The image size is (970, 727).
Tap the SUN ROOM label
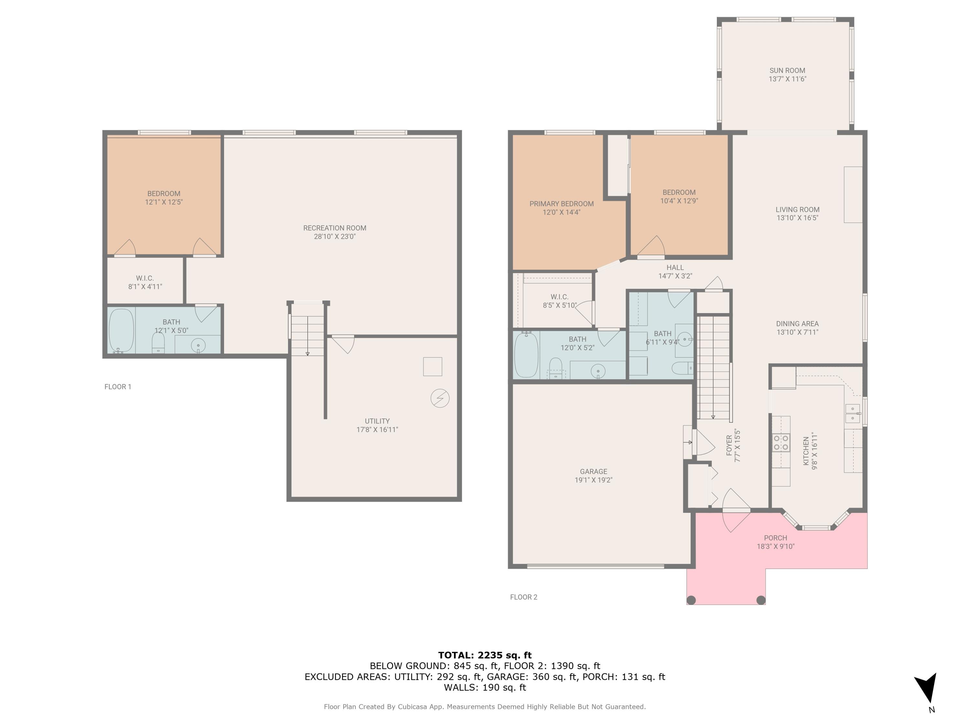click(x=787, y=70)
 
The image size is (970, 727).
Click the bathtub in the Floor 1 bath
click(x=121, y=331)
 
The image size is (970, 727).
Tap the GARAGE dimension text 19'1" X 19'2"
click(x=593, y=480)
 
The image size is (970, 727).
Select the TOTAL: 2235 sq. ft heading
click(x=485, y=655)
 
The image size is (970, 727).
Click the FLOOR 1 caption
click(x=117, y=386)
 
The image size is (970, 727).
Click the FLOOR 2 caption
click(x=523, y=597)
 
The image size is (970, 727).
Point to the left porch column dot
click(x=691, y=600)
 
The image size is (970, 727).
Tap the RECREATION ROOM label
click(x=335, y=228)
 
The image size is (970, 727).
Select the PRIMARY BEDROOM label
click(x=561, y=204)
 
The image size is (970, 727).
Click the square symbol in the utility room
click(x=432, y=366)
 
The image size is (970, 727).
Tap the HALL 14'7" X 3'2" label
click(x=675, y=271)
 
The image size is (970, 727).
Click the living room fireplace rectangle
click(x=853, y=195)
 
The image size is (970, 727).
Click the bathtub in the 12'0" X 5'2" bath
click(x=526, y=355)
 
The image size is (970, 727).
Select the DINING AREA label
click(x=797, y=323)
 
